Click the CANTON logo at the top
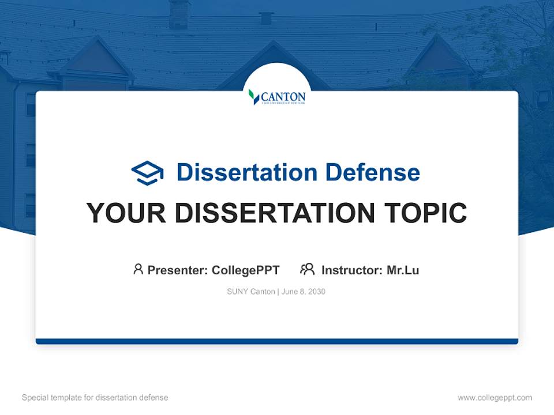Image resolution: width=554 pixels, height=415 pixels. [277, 96]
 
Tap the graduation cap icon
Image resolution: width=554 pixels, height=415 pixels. [147, 173]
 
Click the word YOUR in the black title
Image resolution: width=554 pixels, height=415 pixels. [126, 213]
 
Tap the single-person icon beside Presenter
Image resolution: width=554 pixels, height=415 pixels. [138, 269]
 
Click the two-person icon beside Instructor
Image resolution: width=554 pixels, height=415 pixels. [307, 269]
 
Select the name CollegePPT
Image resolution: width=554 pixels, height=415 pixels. [245, 270]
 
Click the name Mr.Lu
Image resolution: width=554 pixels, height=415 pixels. [403, 270]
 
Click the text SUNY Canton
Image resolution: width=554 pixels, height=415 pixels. [250, 292]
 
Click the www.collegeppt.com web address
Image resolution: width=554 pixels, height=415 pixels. [495, 398]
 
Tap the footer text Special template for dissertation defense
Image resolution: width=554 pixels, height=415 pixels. [95, 398]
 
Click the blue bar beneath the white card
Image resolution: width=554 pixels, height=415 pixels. [277, 341]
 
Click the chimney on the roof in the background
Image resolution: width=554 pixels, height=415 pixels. [179, 14]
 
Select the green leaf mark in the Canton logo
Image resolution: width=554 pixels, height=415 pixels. [253, 96]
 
